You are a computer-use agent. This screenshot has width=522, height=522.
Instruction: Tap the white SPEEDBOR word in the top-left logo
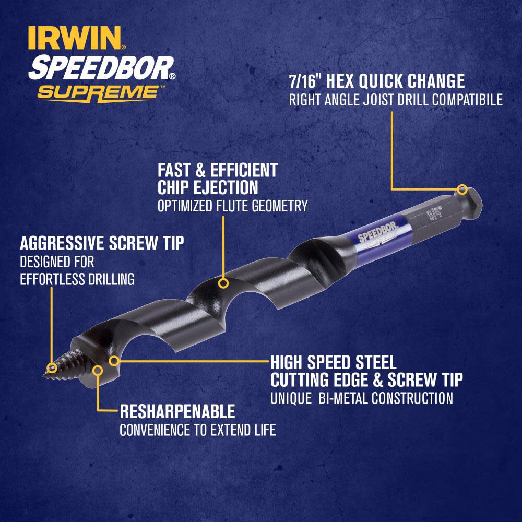pos(102,67)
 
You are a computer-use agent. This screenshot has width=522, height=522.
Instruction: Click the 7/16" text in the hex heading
pos(308,81)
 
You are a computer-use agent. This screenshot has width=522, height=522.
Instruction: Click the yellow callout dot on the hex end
pos(461,189)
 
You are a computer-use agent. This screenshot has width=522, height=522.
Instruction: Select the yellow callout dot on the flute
pos(223,284)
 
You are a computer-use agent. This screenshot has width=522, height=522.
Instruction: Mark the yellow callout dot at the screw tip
pos(51,367)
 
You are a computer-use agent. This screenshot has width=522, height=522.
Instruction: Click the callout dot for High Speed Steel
pos(115,360)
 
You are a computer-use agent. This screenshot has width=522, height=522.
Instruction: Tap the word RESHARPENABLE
pos(177,412)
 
